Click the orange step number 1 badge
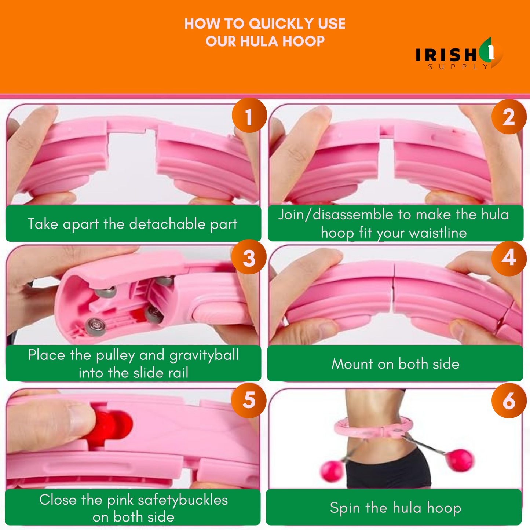click(249, 115)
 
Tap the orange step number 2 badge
click(509, 117)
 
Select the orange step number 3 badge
click(249, 257)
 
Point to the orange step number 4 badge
click(509, 259)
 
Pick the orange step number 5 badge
click(249, 401)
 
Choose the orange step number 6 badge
click(509, 401)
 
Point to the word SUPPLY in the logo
click(458, 67)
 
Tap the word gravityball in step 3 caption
click(204, 356)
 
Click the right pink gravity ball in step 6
click(460, 460)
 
